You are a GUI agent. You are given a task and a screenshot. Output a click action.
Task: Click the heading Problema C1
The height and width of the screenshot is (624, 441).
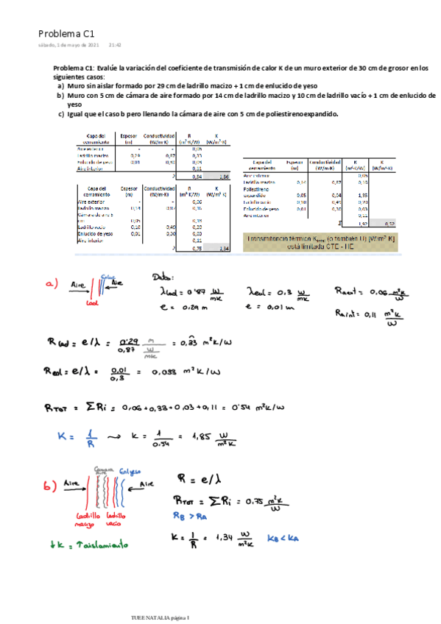[x=66, y=33]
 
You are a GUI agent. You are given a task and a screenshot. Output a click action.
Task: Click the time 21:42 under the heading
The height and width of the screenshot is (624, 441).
[x=115, y=45]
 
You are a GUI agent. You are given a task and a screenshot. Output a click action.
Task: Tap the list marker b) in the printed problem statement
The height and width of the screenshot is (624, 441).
[x=60, y=96]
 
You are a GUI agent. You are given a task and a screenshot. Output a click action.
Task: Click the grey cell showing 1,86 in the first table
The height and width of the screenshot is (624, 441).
[x=224, y=177]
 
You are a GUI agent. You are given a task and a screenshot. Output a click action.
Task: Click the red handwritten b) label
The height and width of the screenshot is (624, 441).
[x=50, y=486]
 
